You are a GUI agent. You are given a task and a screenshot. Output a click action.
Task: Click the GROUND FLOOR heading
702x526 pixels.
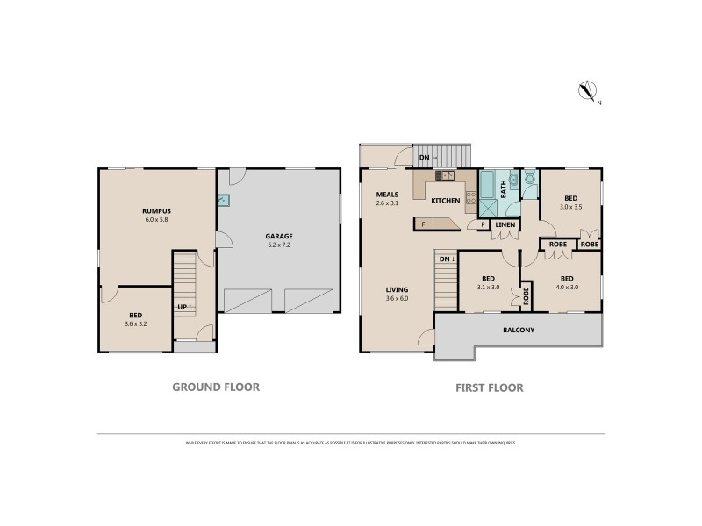215,386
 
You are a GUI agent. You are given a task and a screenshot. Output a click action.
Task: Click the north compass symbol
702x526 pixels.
587,90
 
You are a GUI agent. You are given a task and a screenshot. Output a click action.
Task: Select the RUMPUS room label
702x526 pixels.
156,210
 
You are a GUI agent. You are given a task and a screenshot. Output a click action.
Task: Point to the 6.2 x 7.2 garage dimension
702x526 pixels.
279,245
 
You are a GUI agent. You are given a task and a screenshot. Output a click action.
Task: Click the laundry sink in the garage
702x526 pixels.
224,201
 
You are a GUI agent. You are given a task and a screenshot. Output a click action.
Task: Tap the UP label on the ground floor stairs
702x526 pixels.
183,307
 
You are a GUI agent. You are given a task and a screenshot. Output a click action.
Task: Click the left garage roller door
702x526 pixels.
249,301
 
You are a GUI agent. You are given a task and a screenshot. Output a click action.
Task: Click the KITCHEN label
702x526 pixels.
445,201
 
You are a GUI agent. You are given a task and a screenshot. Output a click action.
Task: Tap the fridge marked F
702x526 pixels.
424,224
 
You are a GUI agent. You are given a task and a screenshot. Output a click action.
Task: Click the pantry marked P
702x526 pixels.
482,225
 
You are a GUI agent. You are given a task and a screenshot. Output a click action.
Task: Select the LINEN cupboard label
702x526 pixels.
505,225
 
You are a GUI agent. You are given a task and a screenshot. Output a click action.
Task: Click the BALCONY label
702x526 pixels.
519,331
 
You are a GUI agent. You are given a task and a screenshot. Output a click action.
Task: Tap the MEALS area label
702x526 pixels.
387,194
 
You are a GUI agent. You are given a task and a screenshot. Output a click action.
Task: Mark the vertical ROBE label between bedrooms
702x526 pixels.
526,295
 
